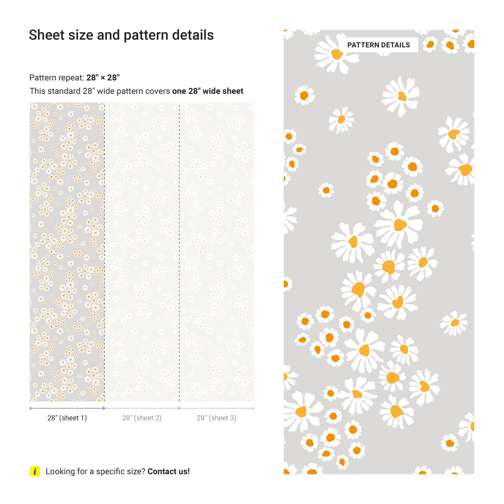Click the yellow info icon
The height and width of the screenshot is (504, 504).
pos(35,471)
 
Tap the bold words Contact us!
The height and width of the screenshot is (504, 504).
pos(169,471)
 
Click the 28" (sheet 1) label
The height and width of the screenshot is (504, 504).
pos(67,418)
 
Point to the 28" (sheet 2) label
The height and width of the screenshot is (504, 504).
pos(142,418)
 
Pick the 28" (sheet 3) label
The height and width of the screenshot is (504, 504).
pos(217,418)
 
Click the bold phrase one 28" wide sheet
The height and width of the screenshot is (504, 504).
pos(208,91)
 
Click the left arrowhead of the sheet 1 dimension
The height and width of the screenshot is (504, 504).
pos(31,408)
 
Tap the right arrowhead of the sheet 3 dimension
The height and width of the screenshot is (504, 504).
pos(253,408)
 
